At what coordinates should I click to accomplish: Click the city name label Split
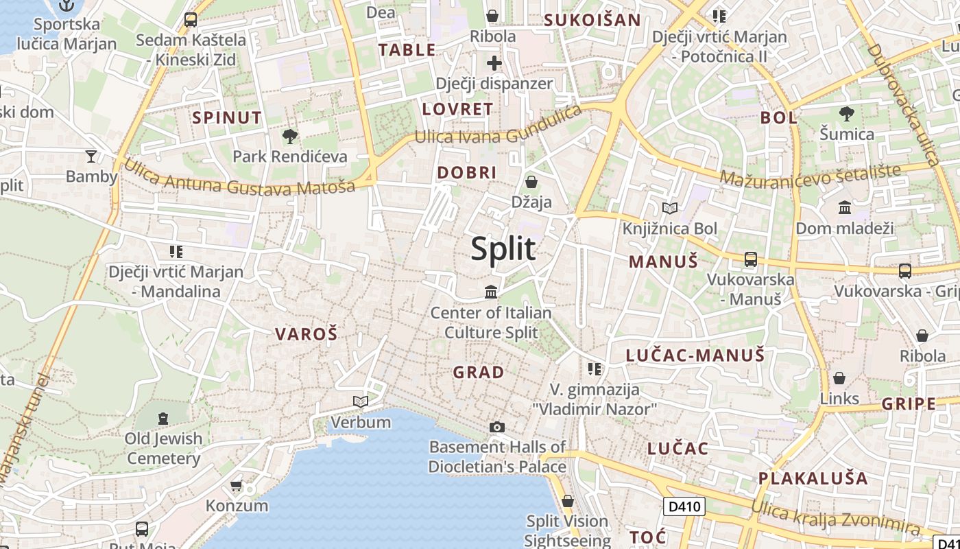coord(503,248)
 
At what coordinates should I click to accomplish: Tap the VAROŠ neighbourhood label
coord(307,334)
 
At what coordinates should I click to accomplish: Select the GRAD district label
coord(479,373)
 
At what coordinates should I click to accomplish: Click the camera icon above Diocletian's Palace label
coord(497,427)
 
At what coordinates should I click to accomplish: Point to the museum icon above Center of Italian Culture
coord(491,292)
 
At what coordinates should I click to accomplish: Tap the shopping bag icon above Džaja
coord(531,182)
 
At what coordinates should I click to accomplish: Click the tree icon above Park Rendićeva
coord(290,136)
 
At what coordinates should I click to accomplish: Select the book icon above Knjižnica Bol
coord(669,208)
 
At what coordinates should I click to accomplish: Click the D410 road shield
coord(684,507)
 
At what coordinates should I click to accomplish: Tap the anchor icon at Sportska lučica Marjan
coord(67,5)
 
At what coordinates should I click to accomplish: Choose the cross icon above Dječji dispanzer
coord(494,63)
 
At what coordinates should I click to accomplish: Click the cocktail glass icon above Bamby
coord(91,156)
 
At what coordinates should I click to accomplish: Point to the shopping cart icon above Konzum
coord(237,485)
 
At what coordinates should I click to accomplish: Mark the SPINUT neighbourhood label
coord(227,117)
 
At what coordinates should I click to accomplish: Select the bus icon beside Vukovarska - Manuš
coord(751,259)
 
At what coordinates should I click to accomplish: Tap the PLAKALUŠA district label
coord(813,478)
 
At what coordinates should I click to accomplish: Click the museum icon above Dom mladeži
coord(845,207)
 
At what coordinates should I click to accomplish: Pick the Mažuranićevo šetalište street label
coord(810,174)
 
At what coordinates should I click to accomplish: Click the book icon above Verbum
coord(360,401)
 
